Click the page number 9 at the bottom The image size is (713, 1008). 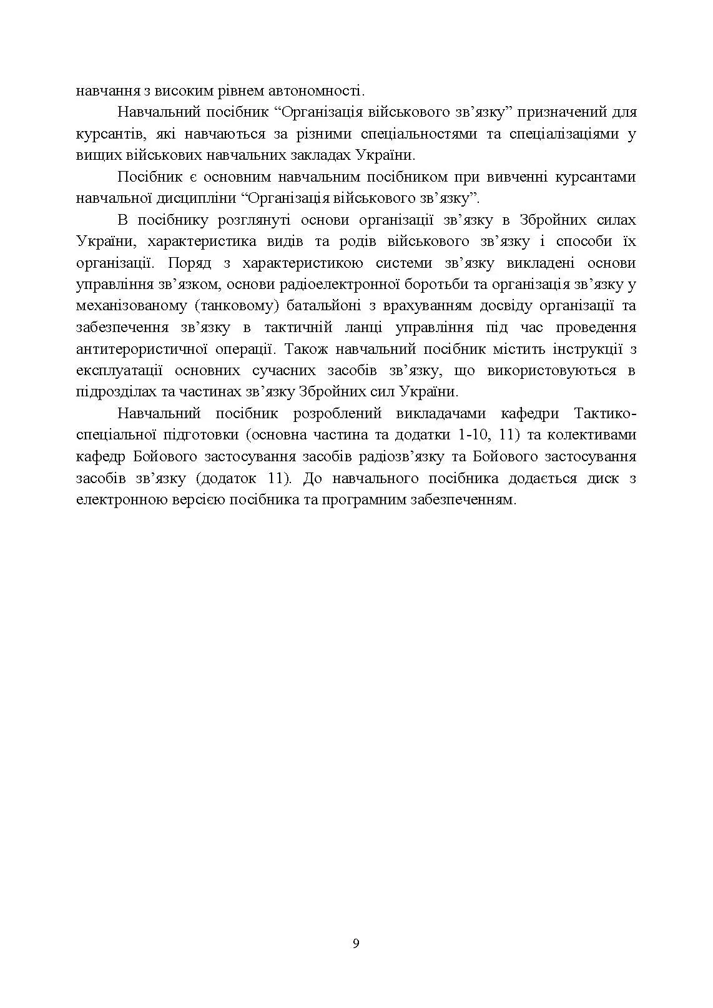coord(356,943)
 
